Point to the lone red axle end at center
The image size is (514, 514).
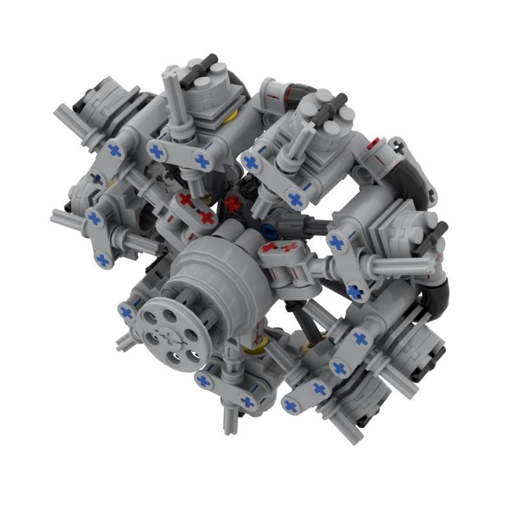[232, 204]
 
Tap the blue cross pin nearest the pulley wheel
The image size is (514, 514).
[127, 313]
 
